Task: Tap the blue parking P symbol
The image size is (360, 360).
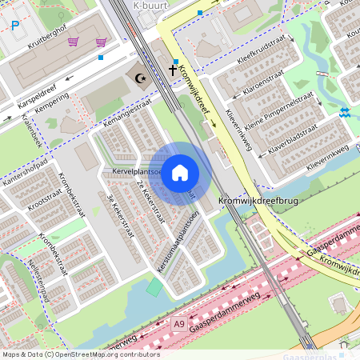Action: (x=15, y=26)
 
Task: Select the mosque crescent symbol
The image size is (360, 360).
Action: (x=142, y=78)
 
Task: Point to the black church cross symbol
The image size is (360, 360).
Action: (x=172, y=70)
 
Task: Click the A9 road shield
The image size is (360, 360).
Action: (x=180, y=323)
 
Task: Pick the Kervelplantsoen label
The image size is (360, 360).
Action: (x=138, y=171)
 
